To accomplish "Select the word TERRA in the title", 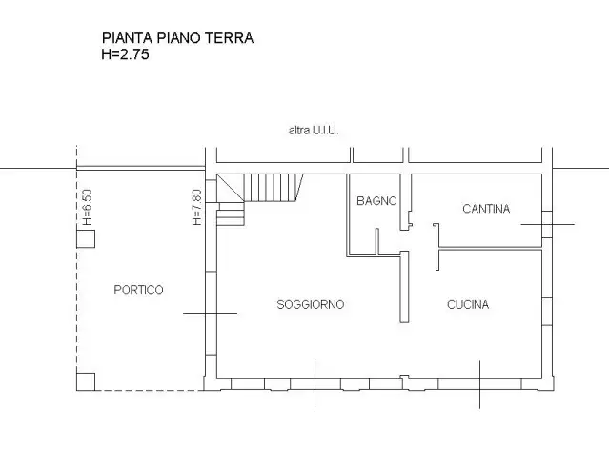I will [232, 39].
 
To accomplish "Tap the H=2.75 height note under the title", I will [125, 54].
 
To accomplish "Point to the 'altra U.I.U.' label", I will [314, 130].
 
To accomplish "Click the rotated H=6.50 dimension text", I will [86, 205].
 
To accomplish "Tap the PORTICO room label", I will [138, 289].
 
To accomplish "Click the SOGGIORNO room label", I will [310, 305].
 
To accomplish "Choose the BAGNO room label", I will [376, 201].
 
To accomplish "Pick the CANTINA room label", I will [486, 209].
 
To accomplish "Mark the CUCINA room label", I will [468, 305].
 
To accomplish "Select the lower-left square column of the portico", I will [86, 381].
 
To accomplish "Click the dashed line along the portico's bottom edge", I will [148, 390].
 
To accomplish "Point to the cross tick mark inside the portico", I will [203, 313].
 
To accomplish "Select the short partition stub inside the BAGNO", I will [378, 240].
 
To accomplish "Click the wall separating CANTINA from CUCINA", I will [491, 248].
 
